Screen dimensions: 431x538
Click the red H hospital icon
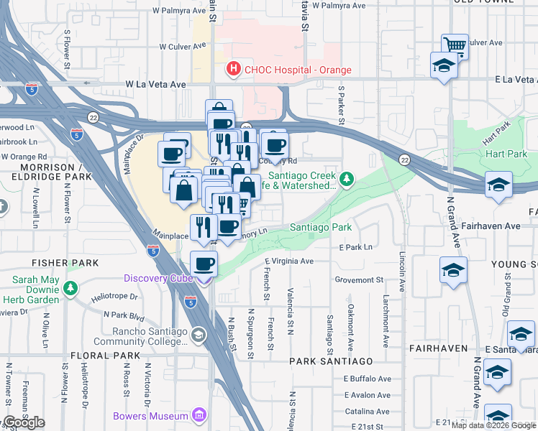233,70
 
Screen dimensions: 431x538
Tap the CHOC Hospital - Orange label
298,70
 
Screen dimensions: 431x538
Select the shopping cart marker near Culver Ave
455,46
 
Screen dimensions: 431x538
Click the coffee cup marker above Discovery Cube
204,263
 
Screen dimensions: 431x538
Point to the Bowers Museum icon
200,415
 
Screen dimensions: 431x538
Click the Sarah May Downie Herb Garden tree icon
70,289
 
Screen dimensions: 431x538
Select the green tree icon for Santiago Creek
347,178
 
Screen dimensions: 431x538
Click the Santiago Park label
320,227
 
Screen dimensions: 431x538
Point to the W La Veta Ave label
156,84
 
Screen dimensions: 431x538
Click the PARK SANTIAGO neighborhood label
332,361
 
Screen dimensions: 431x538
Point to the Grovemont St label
359,279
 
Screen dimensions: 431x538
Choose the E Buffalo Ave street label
367,379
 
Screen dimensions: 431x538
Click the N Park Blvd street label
124,315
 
